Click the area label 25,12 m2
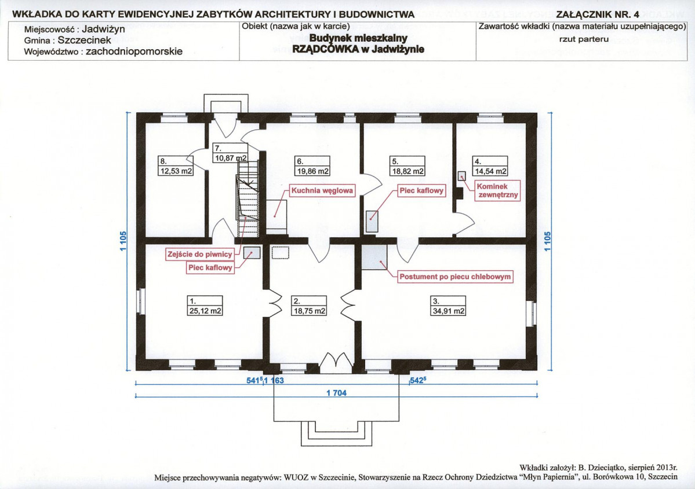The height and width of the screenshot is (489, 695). [x=205, y=311]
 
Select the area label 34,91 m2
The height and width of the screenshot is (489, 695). [x=449, y=311]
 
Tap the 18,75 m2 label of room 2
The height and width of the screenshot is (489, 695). [x=310, y=311]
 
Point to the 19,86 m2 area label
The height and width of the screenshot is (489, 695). [x=312, y=171]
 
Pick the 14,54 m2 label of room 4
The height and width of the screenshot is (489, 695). [x=490, y=171]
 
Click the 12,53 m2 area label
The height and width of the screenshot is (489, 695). [x=176, y=171]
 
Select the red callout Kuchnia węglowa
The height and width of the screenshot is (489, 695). [x=322, y=191]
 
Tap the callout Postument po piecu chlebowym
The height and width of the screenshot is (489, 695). [x=455, y=277]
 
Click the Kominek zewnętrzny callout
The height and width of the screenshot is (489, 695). [x=497, y=190]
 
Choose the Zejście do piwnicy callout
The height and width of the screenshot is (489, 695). [x=200, y=254]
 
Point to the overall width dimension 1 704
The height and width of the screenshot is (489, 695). [x=336, y=393]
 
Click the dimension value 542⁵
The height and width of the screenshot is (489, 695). [x=418, y=380]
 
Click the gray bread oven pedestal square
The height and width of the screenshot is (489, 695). [x=374, y=257]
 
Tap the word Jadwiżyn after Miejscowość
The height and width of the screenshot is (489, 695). [x=103, y=29]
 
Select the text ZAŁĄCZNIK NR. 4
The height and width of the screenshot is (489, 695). [x=598, y=14]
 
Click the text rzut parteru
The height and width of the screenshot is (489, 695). [x=584, y=39]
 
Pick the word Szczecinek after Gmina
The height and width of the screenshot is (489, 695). [x=85, y=40]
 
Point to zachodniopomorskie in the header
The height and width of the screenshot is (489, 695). [x=134, y=52]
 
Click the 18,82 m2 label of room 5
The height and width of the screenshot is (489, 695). [x=407, y=171]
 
